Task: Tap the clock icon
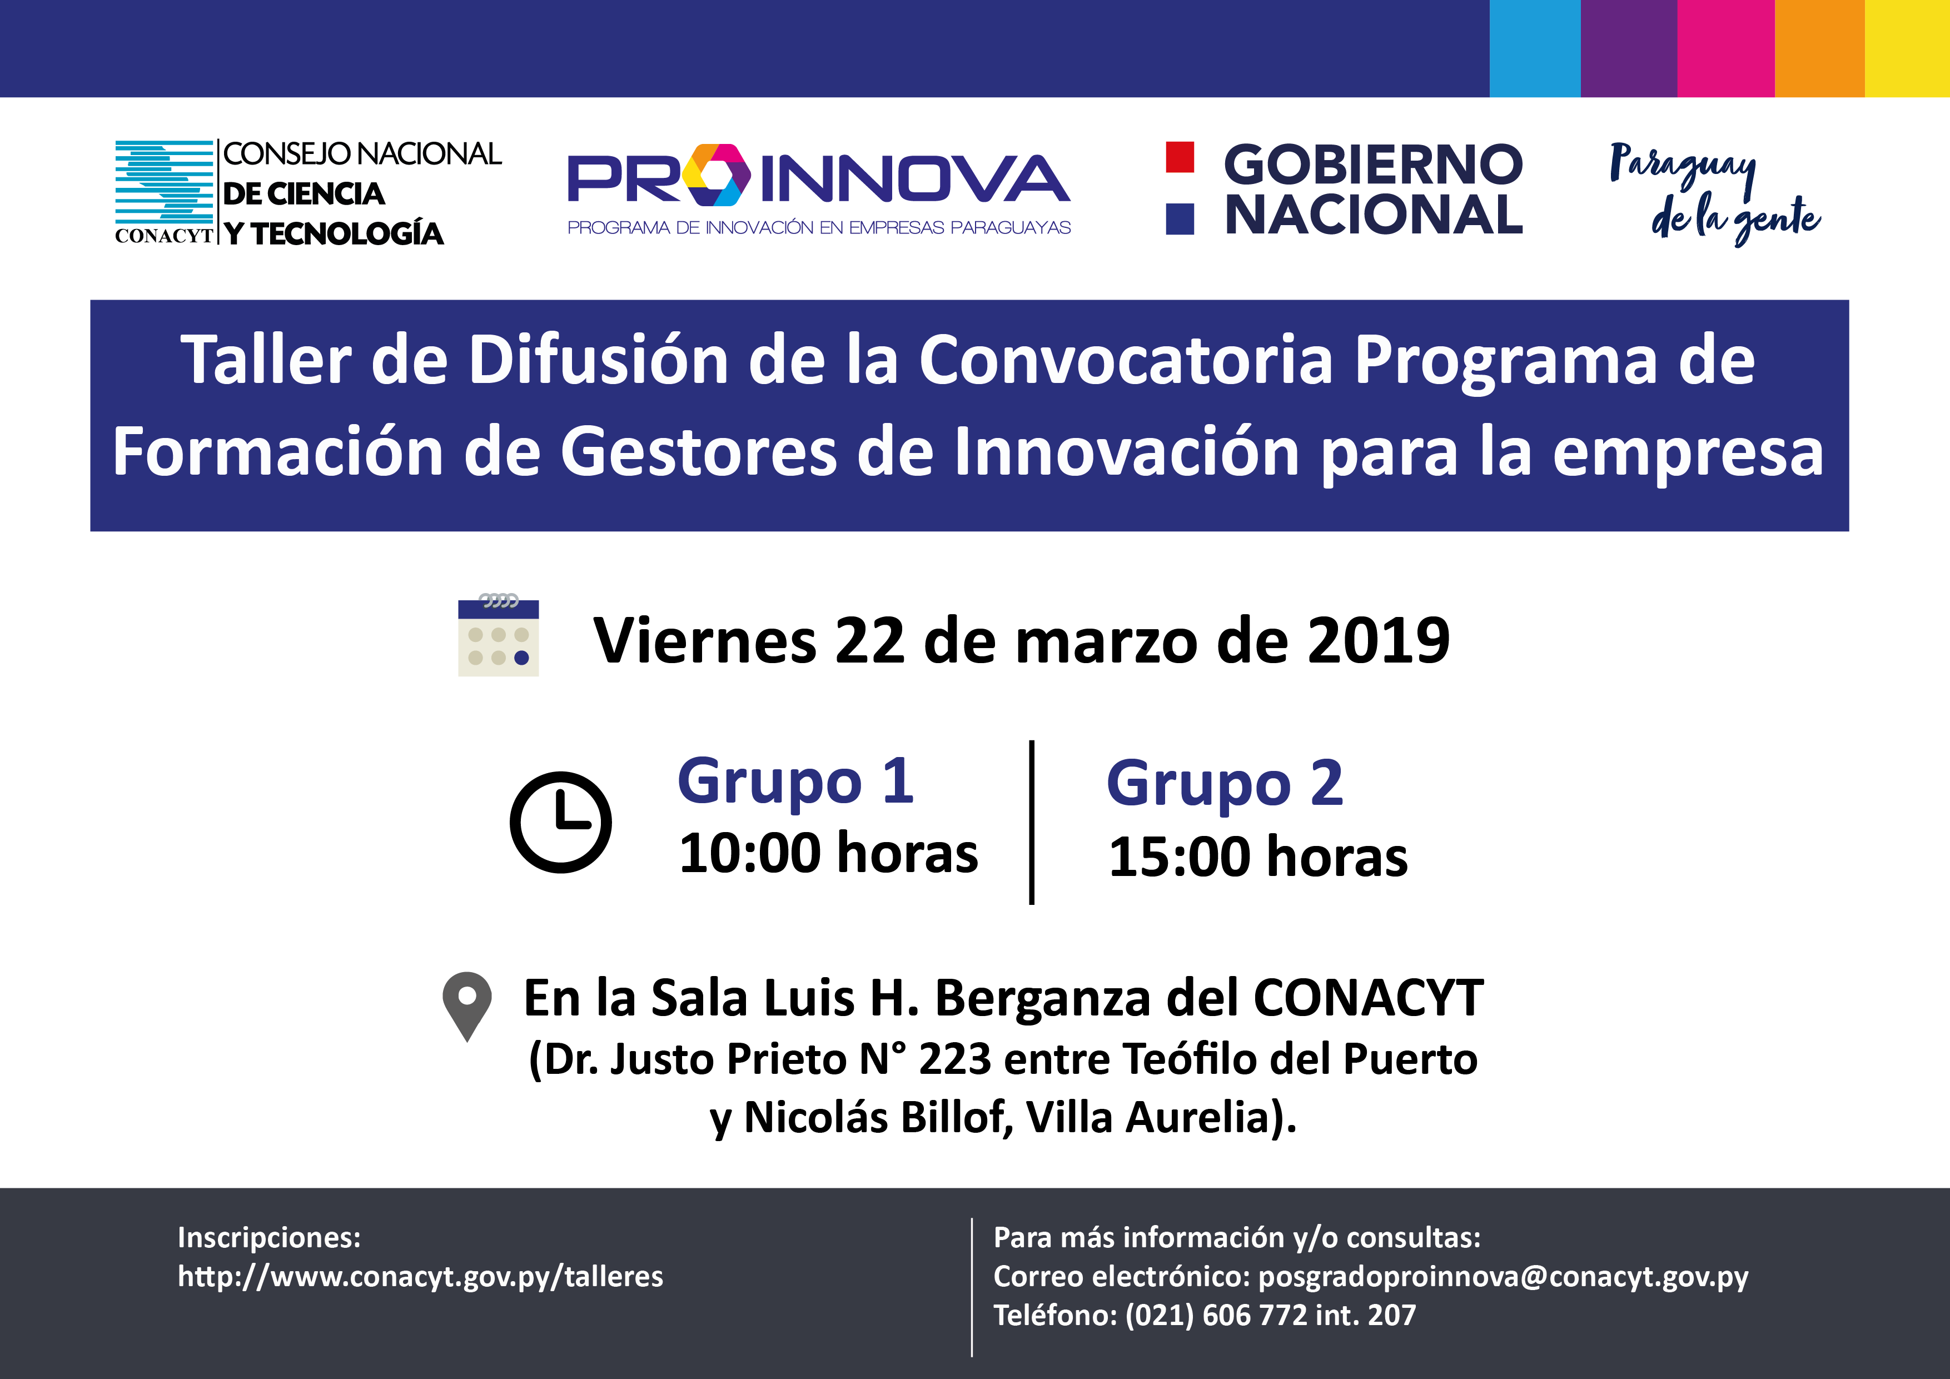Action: point(560,822)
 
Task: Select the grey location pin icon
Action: point(467,1006)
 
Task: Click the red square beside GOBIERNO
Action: point(1180,157)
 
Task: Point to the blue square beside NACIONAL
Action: point(1180,219)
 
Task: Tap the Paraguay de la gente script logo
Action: point(1714,193)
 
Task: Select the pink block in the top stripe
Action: point(1726,48)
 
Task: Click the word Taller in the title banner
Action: point(266,360)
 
